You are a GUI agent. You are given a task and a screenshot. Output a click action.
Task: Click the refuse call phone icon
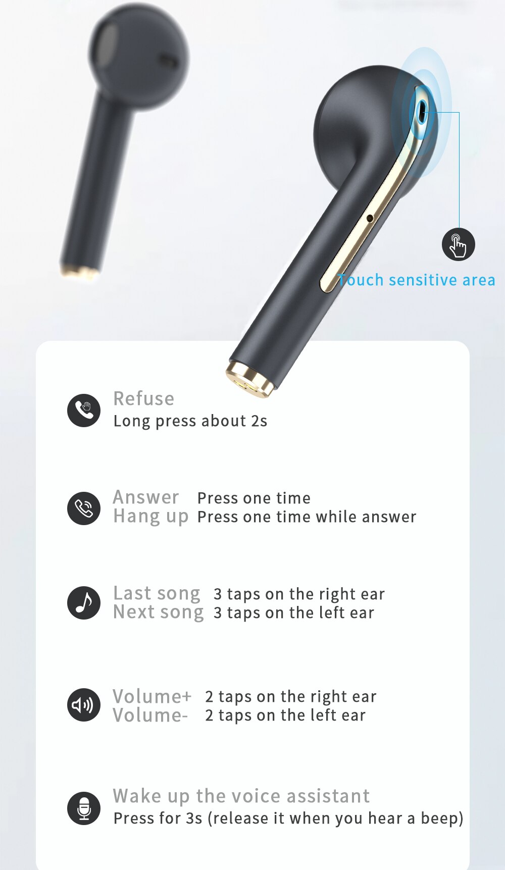pos(84,410)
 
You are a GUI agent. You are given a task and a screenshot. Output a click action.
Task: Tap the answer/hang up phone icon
pos(84,508)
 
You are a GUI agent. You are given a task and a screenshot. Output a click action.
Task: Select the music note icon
pos(84,603)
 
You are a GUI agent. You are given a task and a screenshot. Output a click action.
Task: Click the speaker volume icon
pos(84,705)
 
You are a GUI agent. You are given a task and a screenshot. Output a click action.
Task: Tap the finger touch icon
pos(458,245)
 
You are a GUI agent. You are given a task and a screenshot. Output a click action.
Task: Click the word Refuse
pos(143,399)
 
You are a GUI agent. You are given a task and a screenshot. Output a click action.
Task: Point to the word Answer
pos(146,497)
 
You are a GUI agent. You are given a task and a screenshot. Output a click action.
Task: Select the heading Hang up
pos(150,517)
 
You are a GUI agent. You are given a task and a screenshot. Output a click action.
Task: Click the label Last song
pos(157,593)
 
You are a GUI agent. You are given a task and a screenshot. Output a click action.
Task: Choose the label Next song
pos(158,612)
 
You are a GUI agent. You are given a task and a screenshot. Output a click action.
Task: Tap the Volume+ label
pos(152,696)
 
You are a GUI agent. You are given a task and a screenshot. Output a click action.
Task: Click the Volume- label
pos(150,715)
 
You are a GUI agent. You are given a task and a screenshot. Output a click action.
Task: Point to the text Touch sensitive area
pos(417,280)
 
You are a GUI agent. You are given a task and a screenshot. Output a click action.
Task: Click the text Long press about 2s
pos(190,421)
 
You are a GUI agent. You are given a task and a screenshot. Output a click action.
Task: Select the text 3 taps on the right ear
pos(299,594)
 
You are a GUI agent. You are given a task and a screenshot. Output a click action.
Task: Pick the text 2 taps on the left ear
pos(285,715)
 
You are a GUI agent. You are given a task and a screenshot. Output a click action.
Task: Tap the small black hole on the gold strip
pos(370,218)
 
